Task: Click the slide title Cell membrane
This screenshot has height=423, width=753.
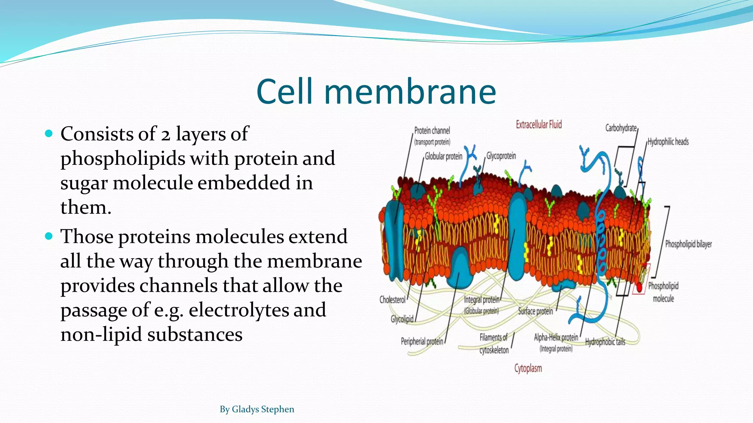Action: tap(376, 92)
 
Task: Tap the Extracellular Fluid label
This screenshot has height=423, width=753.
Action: tap(539, 125)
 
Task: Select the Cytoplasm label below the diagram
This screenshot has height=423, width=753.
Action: tap(528, 368)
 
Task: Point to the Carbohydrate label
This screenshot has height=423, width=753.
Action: tap(621, 128)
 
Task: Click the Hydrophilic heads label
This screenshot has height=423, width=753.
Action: tap(668, 142)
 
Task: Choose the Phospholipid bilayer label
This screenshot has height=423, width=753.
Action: tap(688, 244)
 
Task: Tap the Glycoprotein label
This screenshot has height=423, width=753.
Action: tap(501, 156)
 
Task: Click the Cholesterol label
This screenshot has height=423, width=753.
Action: tap(392, 300)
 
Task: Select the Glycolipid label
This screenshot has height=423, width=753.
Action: tap(402, 319)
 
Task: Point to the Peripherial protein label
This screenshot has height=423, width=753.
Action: tap(422, 341)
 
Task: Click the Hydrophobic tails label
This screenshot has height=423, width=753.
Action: tap(605, 342)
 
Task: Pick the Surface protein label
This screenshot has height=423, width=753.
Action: tap(535, 311)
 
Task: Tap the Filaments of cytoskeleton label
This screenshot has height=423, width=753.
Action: tap(494, 343)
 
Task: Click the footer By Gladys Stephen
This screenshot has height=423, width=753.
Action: tap(257, 409)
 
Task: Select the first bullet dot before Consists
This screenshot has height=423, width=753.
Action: tap(49, 133)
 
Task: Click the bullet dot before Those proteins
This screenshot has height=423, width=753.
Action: tap(49, 236)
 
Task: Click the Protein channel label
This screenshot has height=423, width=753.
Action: tap(432, 131)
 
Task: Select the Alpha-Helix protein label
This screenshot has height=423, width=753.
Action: tap(556, 337)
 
